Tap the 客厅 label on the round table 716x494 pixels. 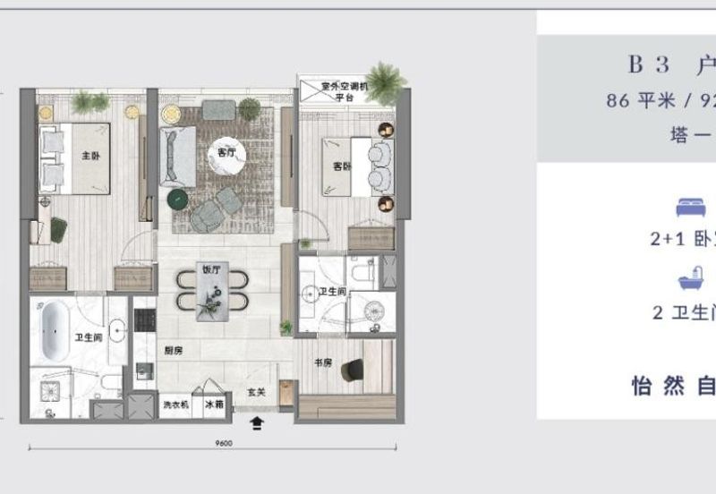click(x=226, y=153)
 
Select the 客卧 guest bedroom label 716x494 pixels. click(x=342, y=167)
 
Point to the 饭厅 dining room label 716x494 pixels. click(x=210, y=268)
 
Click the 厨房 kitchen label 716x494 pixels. click(x=174, y=351)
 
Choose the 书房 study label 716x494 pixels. click(x=322, y=362)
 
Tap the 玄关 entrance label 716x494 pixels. click(x=256, y=392)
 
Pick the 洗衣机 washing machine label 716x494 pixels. click(x=175, y=405)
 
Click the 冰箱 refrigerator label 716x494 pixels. click(x=215, y=405)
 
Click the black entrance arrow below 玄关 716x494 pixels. click(x=258, y=424)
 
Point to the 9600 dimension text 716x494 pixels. click(x=224, y=443)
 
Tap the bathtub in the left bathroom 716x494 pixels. click(x=55, y=323)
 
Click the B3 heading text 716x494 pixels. click(x=649, y=65)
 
